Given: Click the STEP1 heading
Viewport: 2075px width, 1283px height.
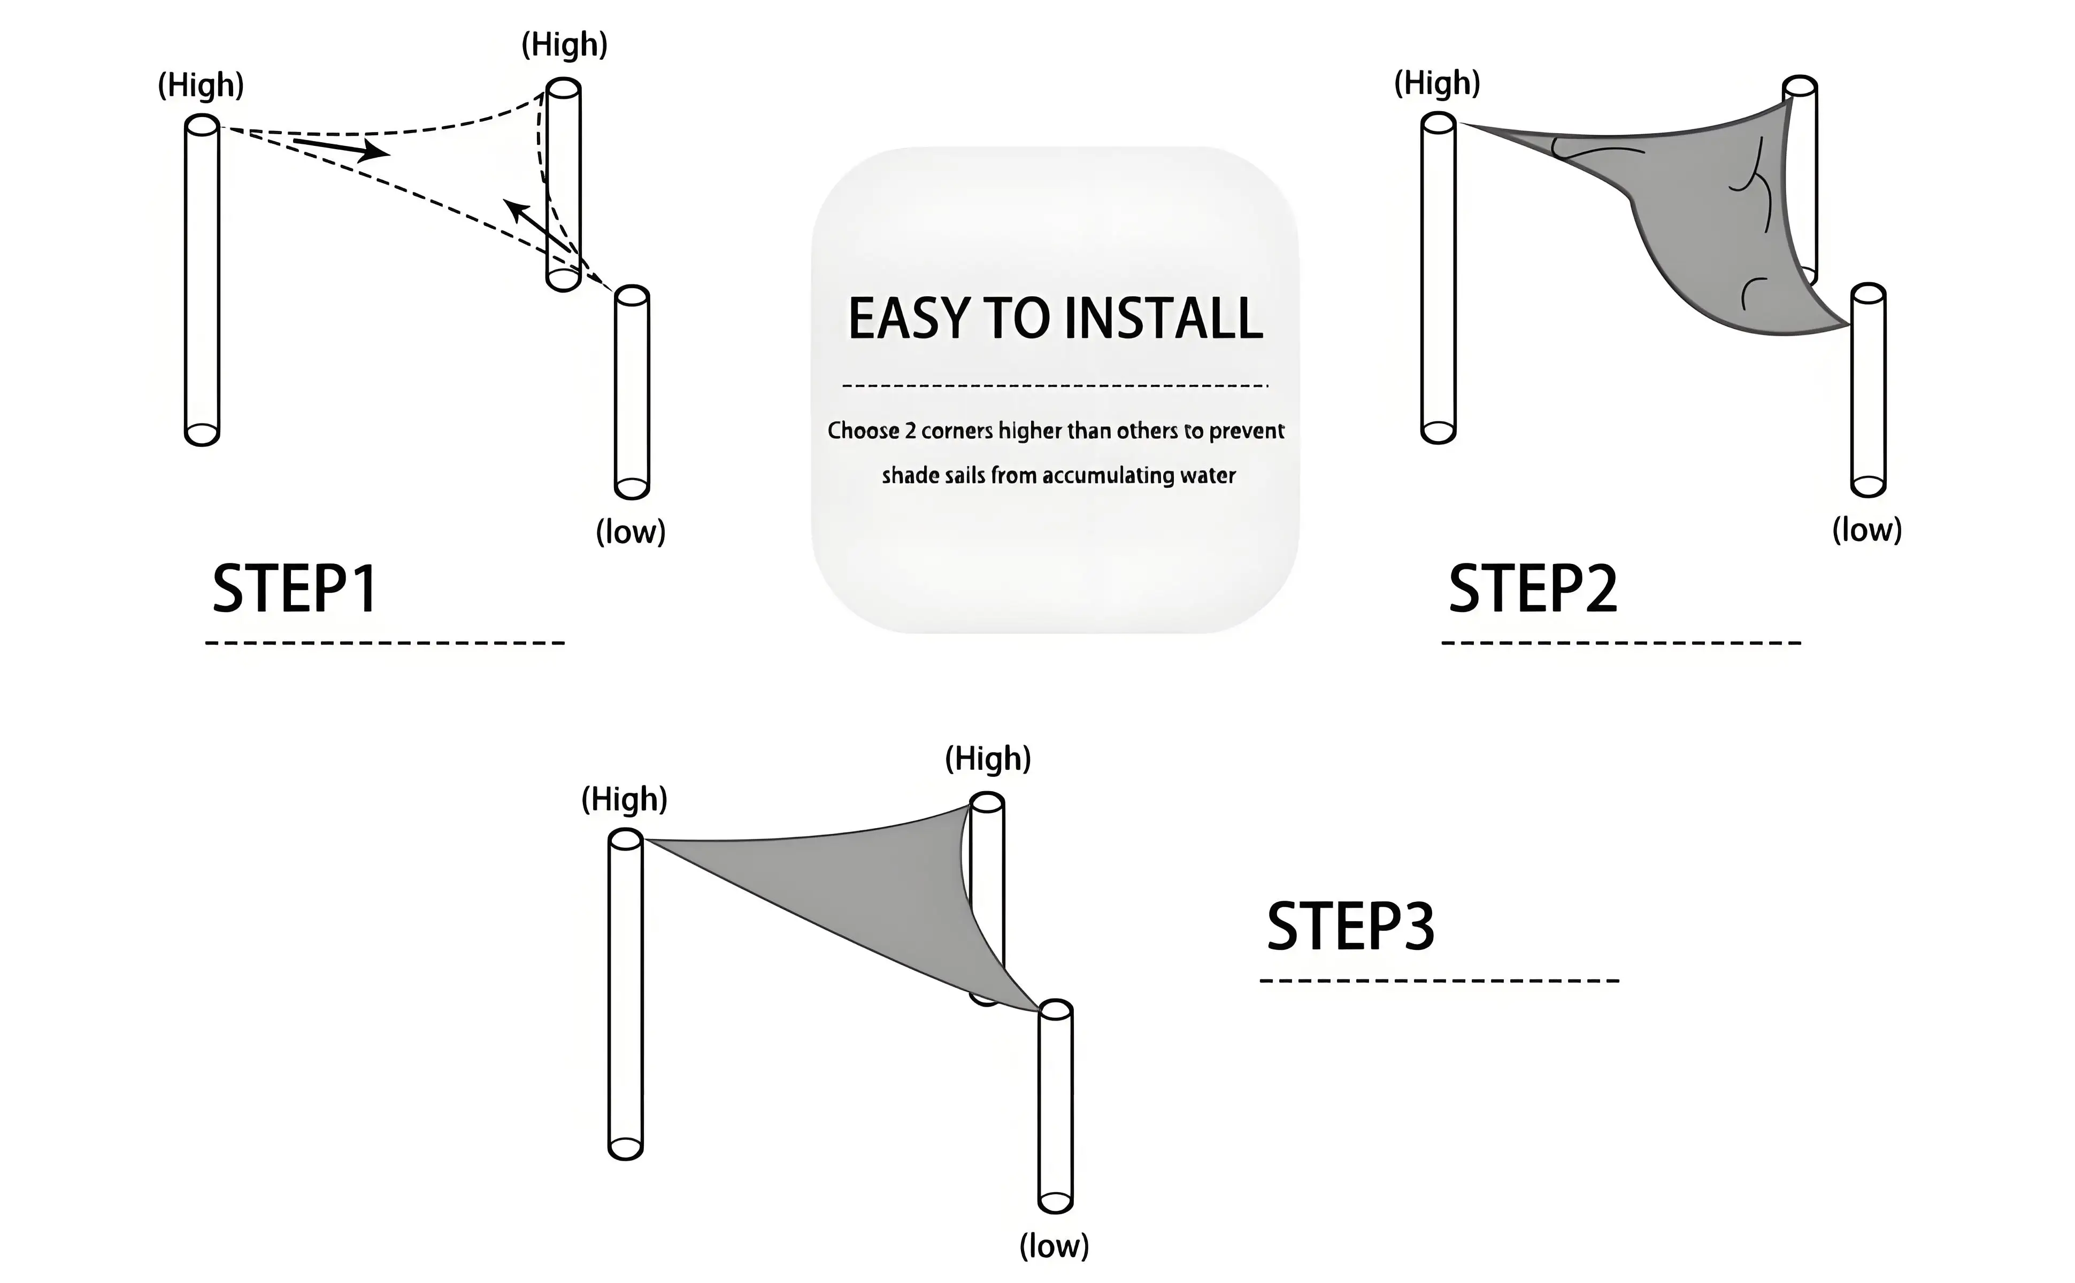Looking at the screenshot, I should pyautogui.click(x=295, y=589).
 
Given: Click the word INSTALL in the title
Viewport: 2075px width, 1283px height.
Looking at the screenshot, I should pyautogui.click(x=1163, y=319).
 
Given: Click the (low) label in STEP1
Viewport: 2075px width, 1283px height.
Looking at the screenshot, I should pyautogui.click(x=631, y=532).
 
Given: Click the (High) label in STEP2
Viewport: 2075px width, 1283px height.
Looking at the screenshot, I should pyautogui.click(x=1437, y=83).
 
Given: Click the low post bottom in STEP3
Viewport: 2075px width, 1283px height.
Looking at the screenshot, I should pyautogui.click(x=1056, y=1202).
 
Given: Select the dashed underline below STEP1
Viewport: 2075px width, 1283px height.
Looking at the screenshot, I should pyautogui.click(x=385, y=643).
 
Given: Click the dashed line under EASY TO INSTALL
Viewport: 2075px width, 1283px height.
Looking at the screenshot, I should pyautogui.click(x=1055, y=386).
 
